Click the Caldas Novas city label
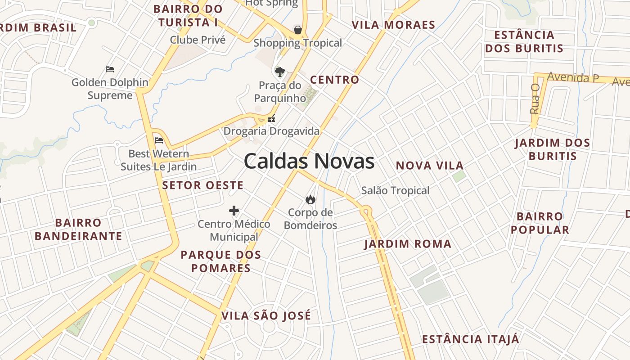[x=309, y=161]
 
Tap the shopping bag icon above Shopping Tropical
[x=297, y=30]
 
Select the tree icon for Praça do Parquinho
[x=279, y=72]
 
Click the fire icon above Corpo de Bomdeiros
[x=310, y=199]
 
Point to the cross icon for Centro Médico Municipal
[x=234, y=210]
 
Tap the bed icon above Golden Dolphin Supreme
[x=110, y=69]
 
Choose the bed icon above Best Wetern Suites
[x=158, y=140]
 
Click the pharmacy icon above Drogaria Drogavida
[x=271, y=119]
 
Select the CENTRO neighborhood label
[x=335, y=80]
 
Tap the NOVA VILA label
[x=429, y=166]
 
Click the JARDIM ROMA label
[x=408, y=244]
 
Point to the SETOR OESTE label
[x=202, y=185]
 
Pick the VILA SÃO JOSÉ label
[x=266, y=316]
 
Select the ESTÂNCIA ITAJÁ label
[x=470, y=339]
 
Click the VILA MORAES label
[x=393, y=25]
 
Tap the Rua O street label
[x=535, y=99]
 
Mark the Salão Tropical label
[x=395, y=190]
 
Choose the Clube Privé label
[x=198, y=40]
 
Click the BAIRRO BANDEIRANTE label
[x=78, y=229]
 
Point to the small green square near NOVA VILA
[x=459, y=176]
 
